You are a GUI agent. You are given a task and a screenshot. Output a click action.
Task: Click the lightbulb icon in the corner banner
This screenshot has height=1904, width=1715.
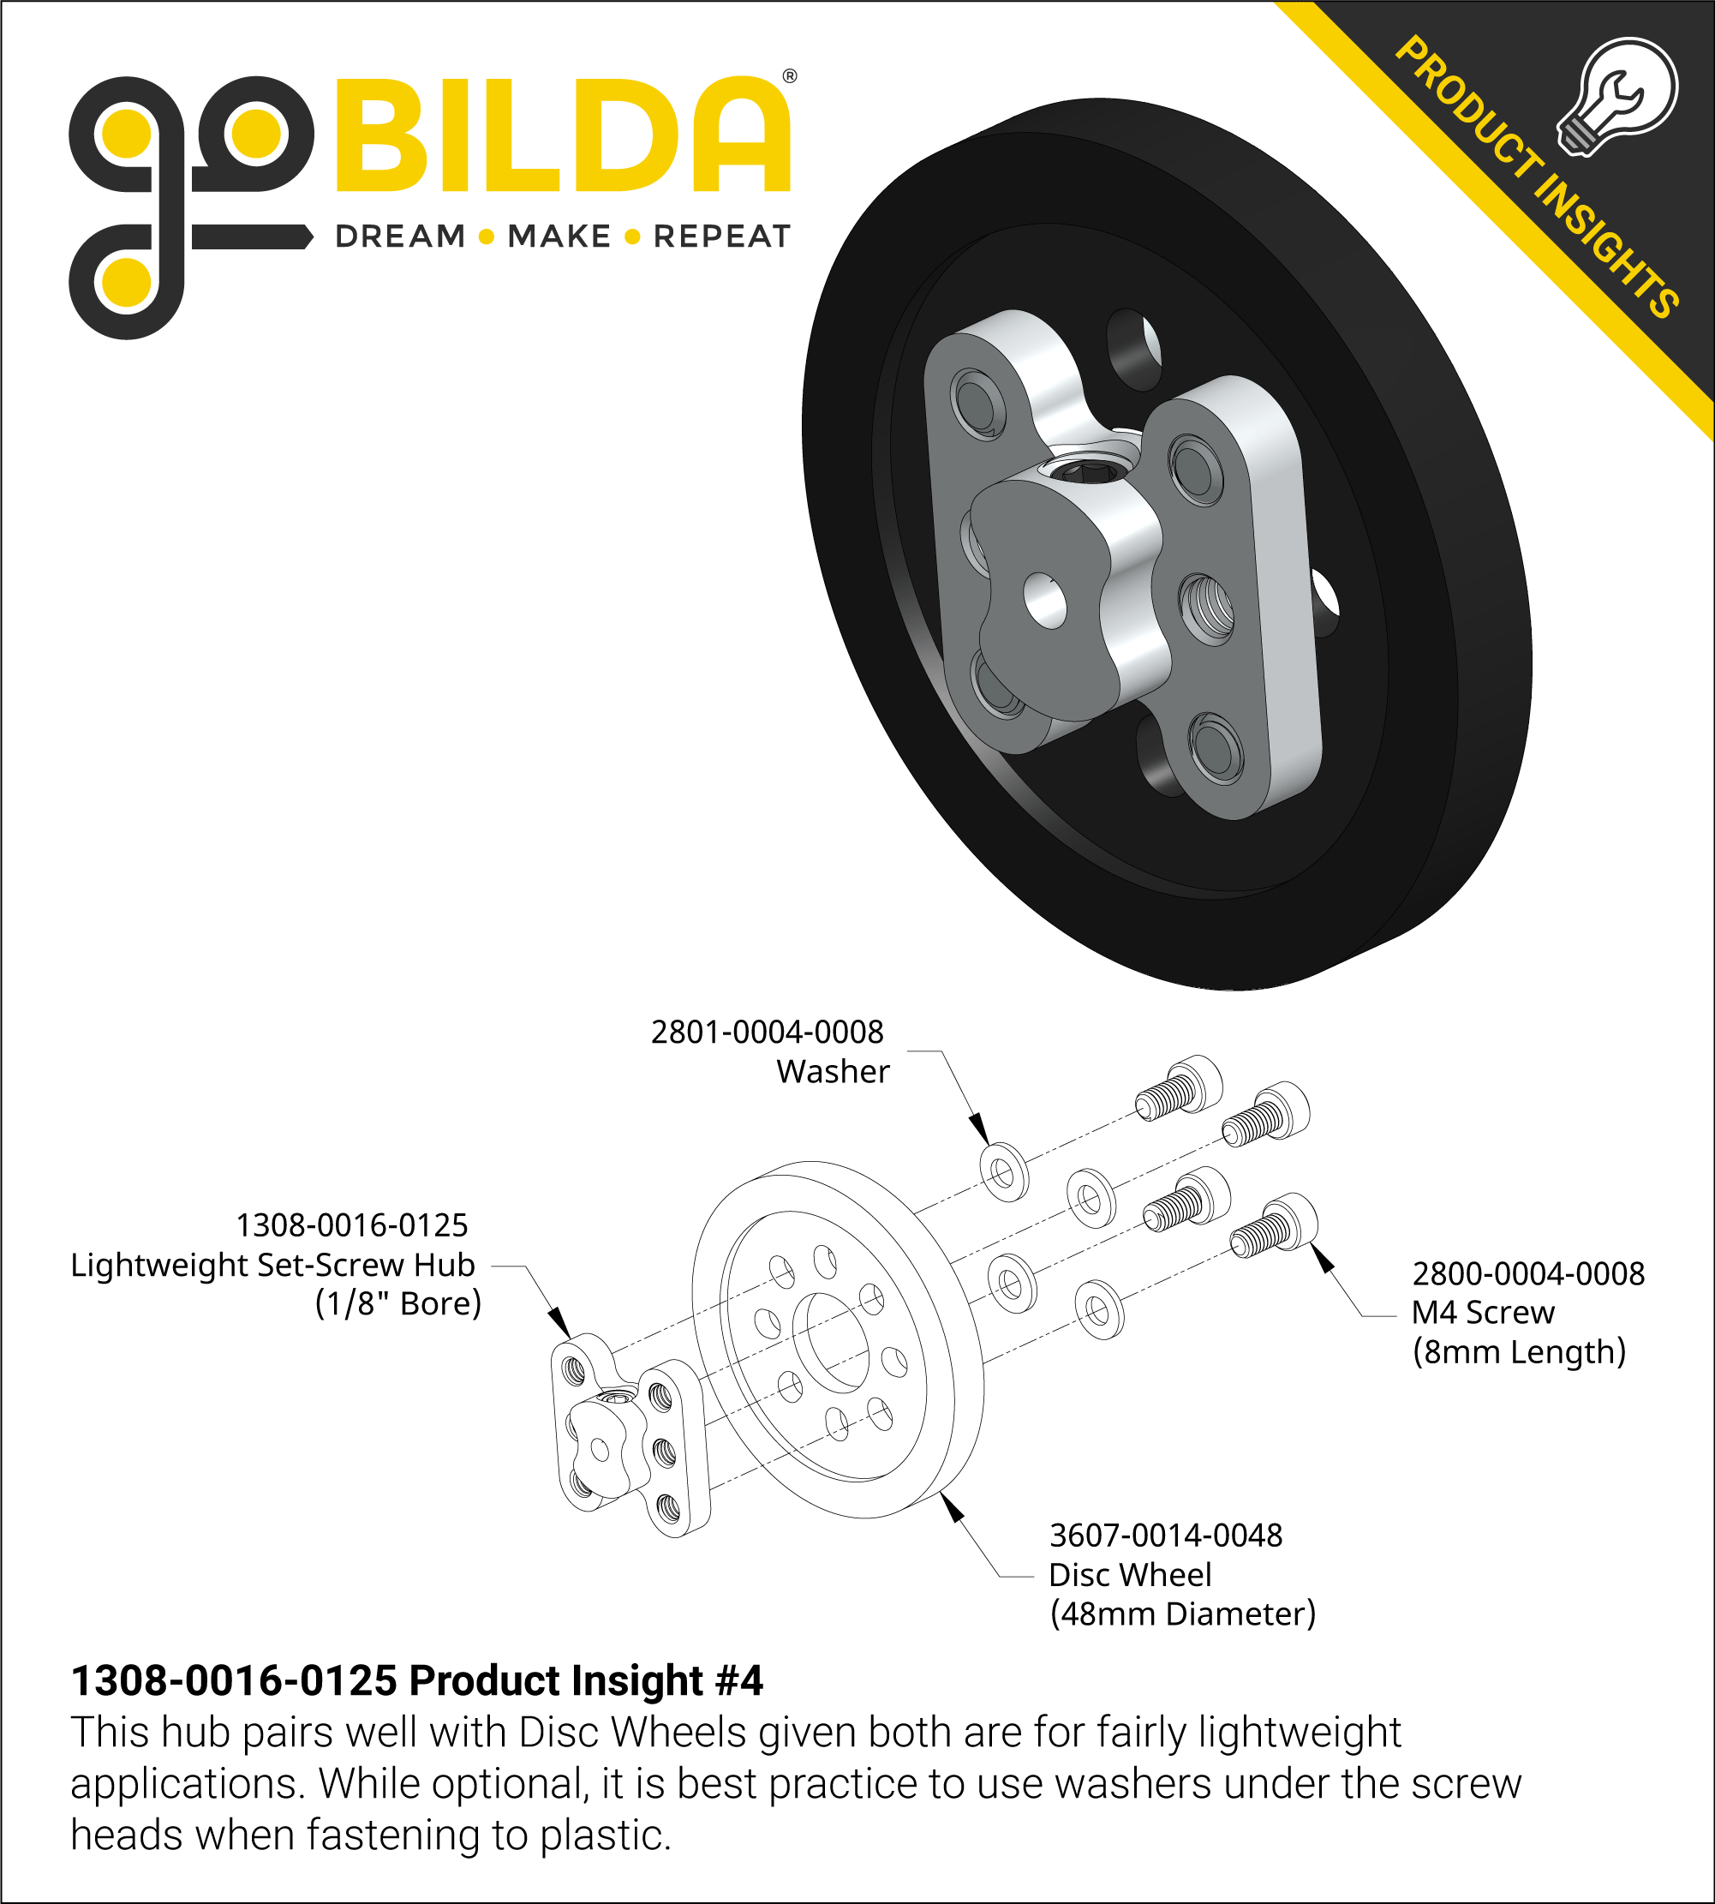[x=1618, y=97]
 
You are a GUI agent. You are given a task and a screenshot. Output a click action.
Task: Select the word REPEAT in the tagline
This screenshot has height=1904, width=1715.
[x=721, y=236]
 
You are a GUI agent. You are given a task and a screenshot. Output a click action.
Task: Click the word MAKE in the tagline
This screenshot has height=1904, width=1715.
[x=559, y=236]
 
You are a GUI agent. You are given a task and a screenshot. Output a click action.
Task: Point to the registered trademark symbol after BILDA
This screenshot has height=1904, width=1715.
[x=790, y=76]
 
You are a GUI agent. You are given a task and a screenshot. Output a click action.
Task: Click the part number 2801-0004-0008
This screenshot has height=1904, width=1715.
[x=767, y=1032]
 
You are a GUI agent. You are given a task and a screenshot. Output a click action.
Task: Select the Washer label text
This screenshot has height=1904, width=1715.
[x=832, y=1072]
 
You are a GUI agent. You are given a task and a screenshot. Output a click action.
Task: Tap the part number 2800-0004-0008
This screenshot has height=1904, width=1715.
[x=1527, y=1273]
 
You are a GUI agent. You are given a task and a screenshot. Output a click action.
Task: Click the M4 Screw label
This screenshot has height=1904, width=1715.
[x=1482, y=1312]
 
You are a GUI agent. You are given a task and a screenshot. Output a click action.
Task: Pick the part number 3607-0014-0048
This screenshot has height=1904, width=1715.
[x=1166, y=1536]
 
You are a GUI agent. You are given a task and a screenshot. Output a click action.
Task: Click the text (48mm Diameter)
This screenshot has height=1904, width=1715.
[x=1181, y=1614]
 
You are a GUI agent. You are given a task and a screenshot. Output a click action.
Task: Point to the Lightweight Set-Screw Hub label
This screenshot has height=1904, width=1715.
[x=272, y=1264]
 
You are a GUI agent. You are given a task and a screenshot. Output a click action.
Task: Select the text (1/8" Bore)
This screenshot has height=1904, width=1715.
[x=397, y=1303]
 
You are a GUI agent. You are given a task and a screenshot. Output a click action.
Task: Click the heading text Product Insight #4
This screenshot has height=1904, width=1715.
[x=585, y=1680]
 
